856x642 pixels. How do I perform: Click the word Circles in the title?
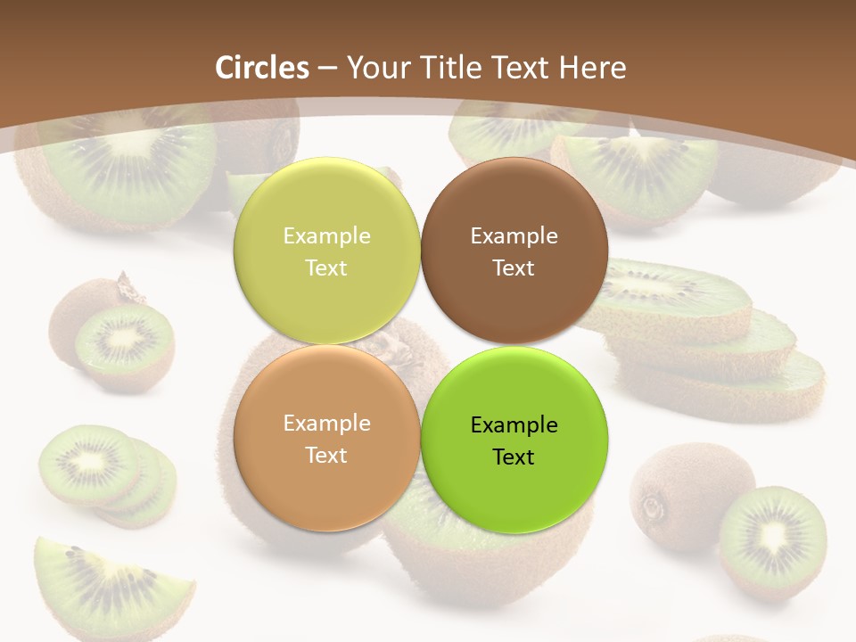[262, 68]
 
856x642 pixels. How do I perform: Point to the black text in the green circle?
[514, 440]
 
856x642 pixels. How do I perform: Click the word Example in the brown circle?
[514, 236]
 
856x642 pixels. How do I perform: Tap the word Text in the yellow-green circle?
[326, 268]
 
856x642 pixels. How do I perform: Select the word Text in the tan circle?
[326, 456]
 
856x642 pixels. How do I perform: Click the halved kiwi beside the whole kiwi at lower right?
[772, 539]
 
